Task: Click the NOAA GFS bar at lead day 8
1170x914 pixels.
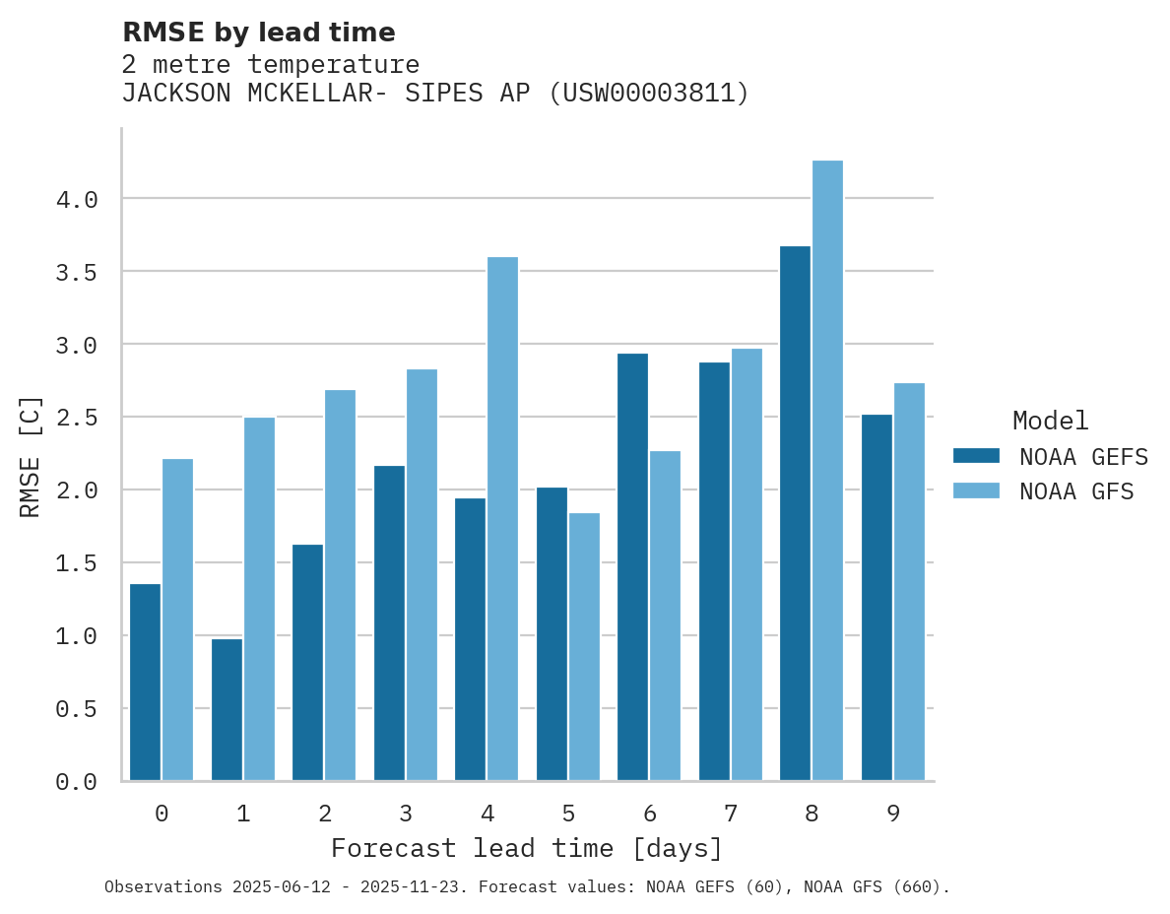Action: pos(827,471)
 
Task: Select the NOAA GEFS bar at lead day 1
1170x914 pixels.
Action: pos(227,709)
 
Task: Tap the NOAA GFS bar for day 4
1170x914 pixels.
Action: pos(502,519)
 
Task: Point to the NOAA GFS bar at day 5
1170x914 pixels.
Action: pos(584,646)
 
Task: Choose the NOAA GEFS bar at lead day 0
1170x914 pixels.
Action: pos(145,682)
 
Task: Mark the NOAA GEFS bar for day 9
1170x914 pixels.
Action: pos(877,597)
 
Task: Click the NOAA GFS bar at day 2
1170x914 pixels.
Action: pos(340,585)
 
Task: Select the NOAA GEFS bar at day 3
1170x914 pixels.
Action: pos(389,622)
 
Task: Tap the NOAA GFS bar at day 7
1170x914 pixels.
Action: pos(747,564)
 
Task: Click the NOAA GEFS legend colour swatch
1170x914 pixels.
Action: pos(976,456)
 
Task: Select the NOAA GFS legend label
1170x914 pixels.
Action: pos(1076,491)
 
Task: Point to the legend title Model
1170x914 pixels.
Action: pos(1050,421)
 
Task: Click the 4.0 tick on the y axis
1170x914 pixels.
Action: pos(77,200)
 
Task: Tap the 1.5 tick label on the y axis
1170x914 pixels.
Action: pos(77,563)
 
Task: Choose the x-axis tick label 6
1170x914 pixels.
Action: pos(650,814)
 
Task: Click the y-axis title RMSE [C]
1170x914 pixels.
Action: pos(31,456)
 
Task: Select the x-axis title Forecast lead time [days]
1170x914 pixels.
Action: pos(527,848)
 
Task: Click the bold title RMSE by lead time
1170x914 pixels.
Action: pos(258,33)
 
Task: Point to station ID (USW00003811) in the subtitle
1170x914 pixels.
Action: pos(649,94)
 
